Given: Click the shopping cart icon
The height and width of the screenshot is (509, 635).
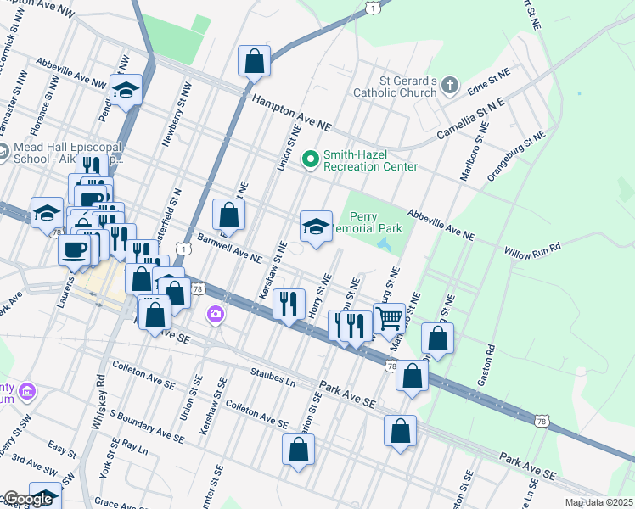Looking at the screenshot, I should pos(389,318).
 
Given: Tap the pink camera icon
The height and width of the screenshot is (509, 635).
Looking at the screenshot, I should pos(216,315).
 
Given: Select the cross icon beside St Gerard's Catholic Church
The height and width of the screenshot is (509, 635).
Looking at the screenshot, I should pos(450,86).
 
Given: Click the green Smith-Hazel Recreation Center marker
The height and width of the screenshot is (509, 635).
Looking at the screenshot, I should pos(311,159).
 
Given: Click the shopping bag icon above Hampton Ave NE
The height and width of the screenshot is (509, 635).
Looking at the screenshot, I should pos(254,61).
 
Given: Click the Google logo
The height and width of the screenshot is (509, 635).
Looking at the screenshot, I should pos(28,499).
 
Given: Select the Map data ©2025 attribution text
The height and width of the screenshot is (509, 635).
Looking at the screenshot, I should pos(598,502).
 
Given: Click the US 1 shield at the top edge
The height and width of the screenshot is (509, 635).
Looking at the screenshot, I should pos(372,7).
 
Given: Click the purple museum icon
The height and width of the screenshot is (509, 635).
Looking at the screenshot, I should pos(28,392).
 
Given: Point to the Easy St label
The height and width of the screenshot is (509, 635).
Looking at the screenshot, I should pos(62,447).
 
